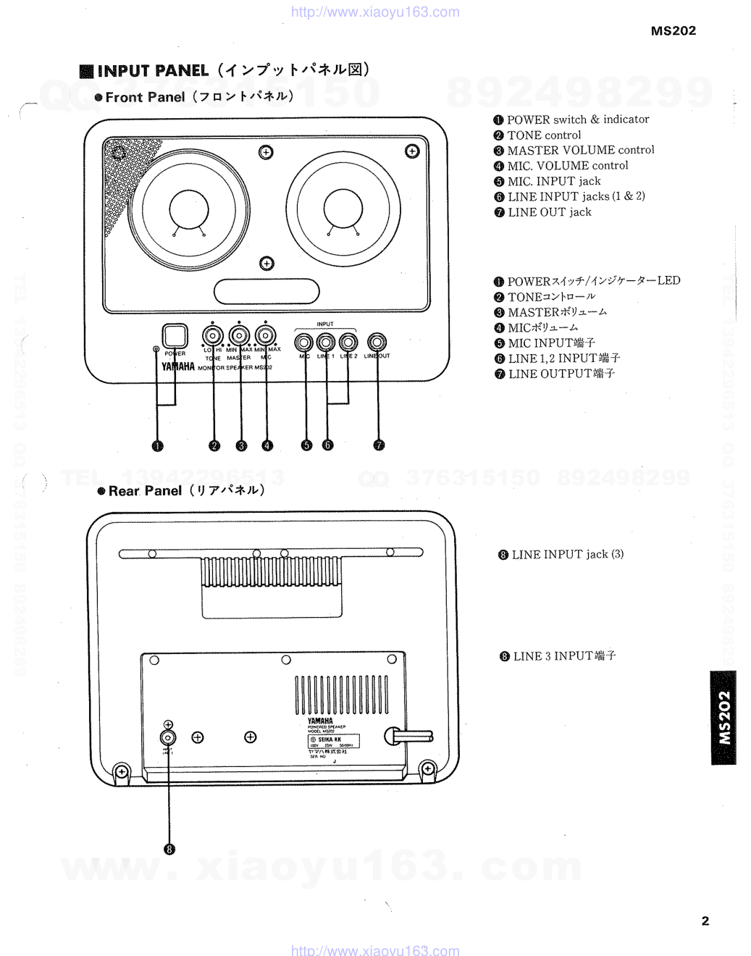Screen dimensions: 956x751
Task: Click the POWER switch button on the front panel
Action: click(175, 336)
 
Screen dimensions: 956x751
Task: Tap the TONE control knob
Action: click(213, 336)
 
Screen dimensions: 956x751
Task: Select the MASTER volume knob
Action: click(240, 336)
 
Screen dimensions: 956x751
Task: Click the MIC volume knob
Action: click(266, 336)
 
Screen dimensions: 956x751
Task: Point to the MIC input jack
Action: click(304, 342)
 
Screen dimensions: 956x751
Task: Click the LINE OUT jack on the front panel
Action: click(377, 342)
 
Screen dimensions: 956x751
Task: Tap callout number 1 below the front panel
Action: click(157, 446)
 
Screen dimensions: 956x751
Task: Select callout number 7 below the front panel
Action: click(379, 445)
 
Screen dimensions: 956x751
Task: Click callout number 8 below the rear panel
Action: click(169, 850)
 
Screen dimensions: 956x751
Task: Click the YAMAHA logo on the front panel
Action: click(178, 366)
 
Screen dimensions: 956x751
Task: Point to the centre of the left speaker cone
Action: click(189, 210)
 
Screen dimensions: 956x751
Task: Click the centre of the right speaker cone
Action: click(343, 210)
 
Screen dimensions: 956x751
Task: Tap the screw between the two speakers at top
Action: click(266, 152)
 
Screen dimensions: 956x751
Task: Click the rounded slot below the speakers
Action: click(267, 291)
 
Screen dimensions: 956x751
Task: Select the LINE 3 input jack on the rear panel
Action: click(168, 738)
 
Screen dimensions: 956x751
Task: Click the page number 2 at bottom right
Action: click(705, 921)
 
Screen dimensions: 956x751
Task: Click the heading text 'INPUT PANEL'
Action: click(153, 71)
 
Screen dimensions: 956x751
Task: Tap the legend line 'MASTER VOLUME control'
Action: click(580, 151)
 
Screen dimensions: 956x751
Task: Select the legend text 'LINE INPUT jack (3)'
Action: click(567, 555)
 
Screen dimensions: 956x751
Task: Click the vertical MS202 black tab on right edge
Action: click(723, 718)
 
